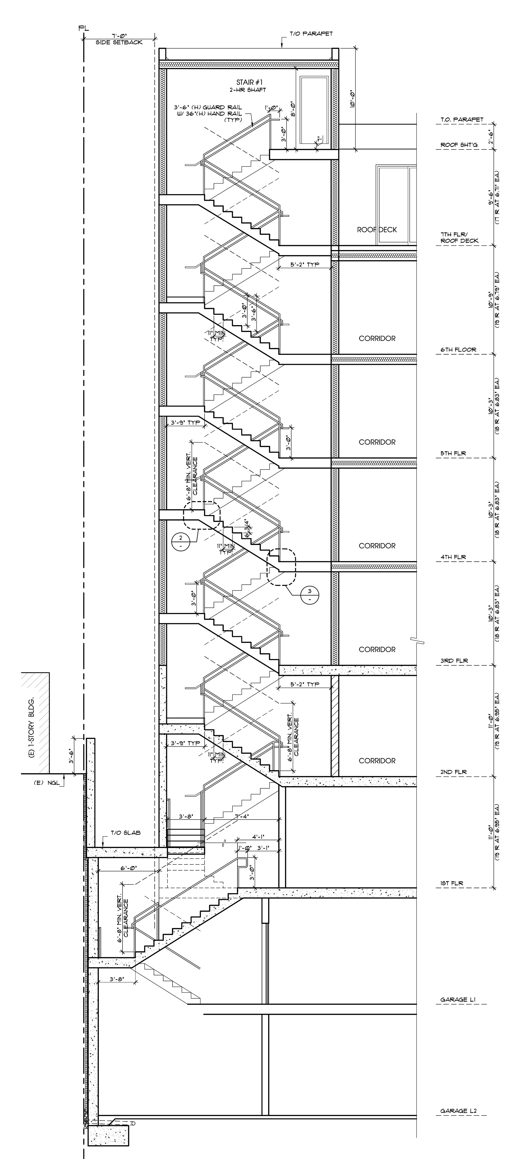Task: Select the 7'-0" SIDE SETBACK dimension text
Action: [x=119, y=39]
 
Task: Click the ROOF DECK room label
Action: [x=377, y=229]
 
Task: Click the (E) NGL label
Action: [x=44, y=782]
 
